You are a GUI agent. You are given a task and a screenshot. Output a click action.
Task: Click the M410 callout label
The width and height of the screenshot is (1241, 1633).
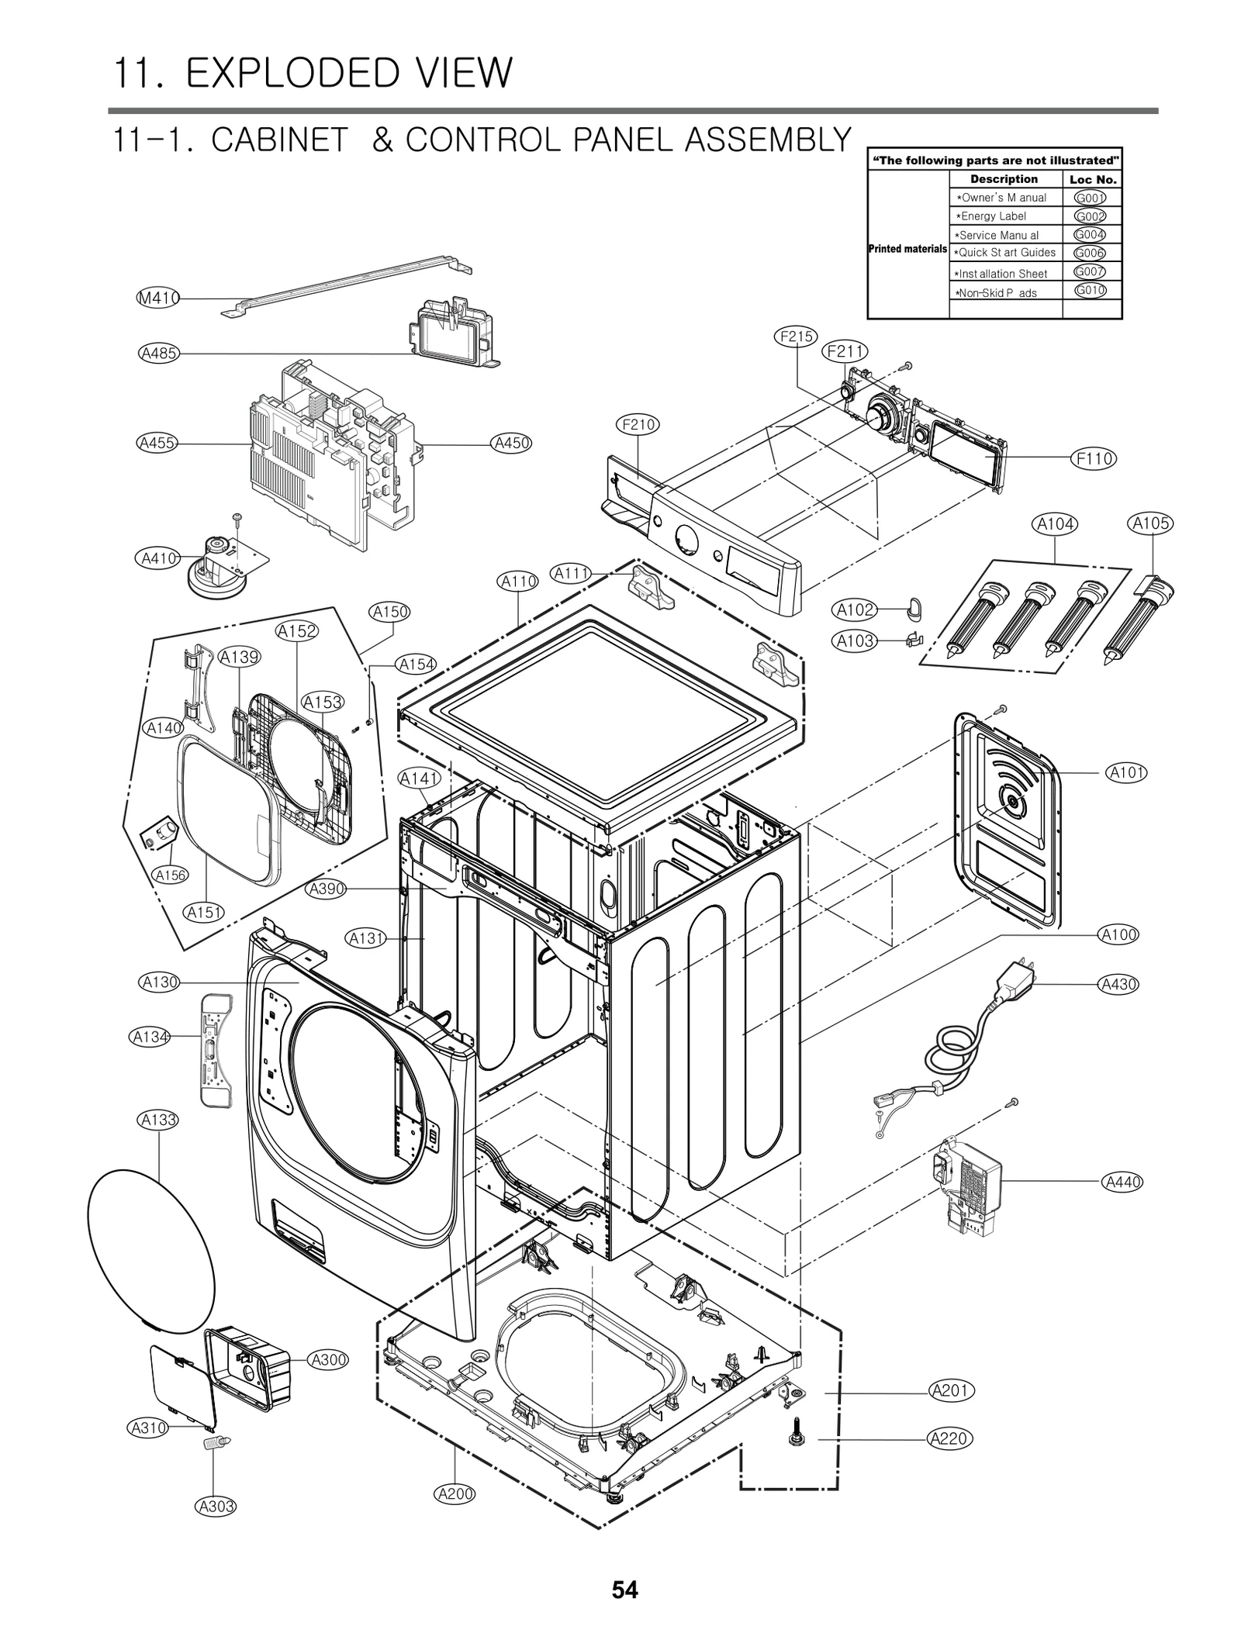coord(158,298)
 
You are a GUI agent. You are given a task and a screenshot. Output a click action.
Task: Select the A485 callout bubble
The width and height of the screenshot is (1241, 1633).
coord(159,354)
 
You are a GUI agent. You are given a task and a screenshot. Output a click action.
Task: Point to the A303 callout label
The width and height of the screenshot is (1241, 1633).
coord(215,1506)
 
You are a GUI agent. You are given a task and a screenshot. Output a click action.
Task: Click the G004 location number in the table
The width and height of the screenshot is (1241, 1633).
coord(1090,234)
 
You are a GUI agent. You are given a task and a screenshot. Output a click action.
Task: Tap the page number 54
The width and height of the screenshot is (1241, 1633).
coord(624,1590)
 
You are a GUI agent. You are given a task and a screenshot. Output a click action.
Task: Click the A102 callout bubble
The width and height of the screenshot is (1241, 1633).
coord(856,610)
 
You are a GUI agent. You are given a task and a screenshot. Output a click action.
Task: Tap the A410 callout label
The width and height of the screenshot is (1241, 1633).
coord(158,558)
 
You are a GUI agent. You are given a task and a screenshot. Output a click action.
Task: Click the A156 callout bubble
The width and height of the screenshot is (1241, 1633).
coord(171,875)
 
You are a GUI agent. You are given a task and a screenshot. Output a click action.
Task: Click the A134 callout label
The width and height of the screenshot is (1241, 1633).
coord(150,1037)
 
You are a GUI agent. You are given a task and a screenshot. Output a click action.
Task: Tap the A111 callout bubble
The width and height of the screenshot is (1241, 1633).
coord(572,574)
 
